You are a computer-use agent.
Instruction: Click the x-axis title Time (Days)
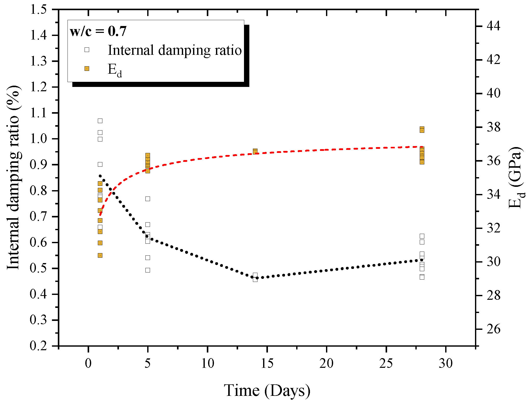267,390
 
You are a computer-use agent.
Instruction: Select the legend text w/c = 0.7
98,32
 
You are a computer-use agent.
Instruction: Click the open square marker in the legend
87,50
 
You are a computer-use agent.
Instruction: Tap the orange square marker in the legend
87,69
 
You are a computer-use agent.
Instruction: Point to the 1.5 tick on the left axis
38,10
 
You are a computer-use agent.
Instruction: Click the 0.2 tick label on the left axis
38,346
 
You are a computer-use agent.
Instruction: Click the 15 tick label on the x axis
267,363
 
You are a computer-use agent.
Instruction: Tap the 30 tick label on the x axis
446,363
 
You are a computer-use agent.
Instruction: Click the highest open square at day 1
100,121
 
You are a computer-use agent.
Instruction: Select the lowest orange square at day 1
100,255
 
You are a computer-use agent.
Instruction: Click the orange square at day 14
255,151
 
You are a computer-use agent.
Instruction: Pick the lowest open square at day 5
148,270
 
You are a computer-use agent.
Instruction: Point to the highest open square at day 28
422,236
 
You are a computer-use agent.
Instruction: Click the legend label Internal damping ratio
175,50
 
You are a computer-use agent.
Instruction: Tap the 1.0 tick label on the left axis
38,139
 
